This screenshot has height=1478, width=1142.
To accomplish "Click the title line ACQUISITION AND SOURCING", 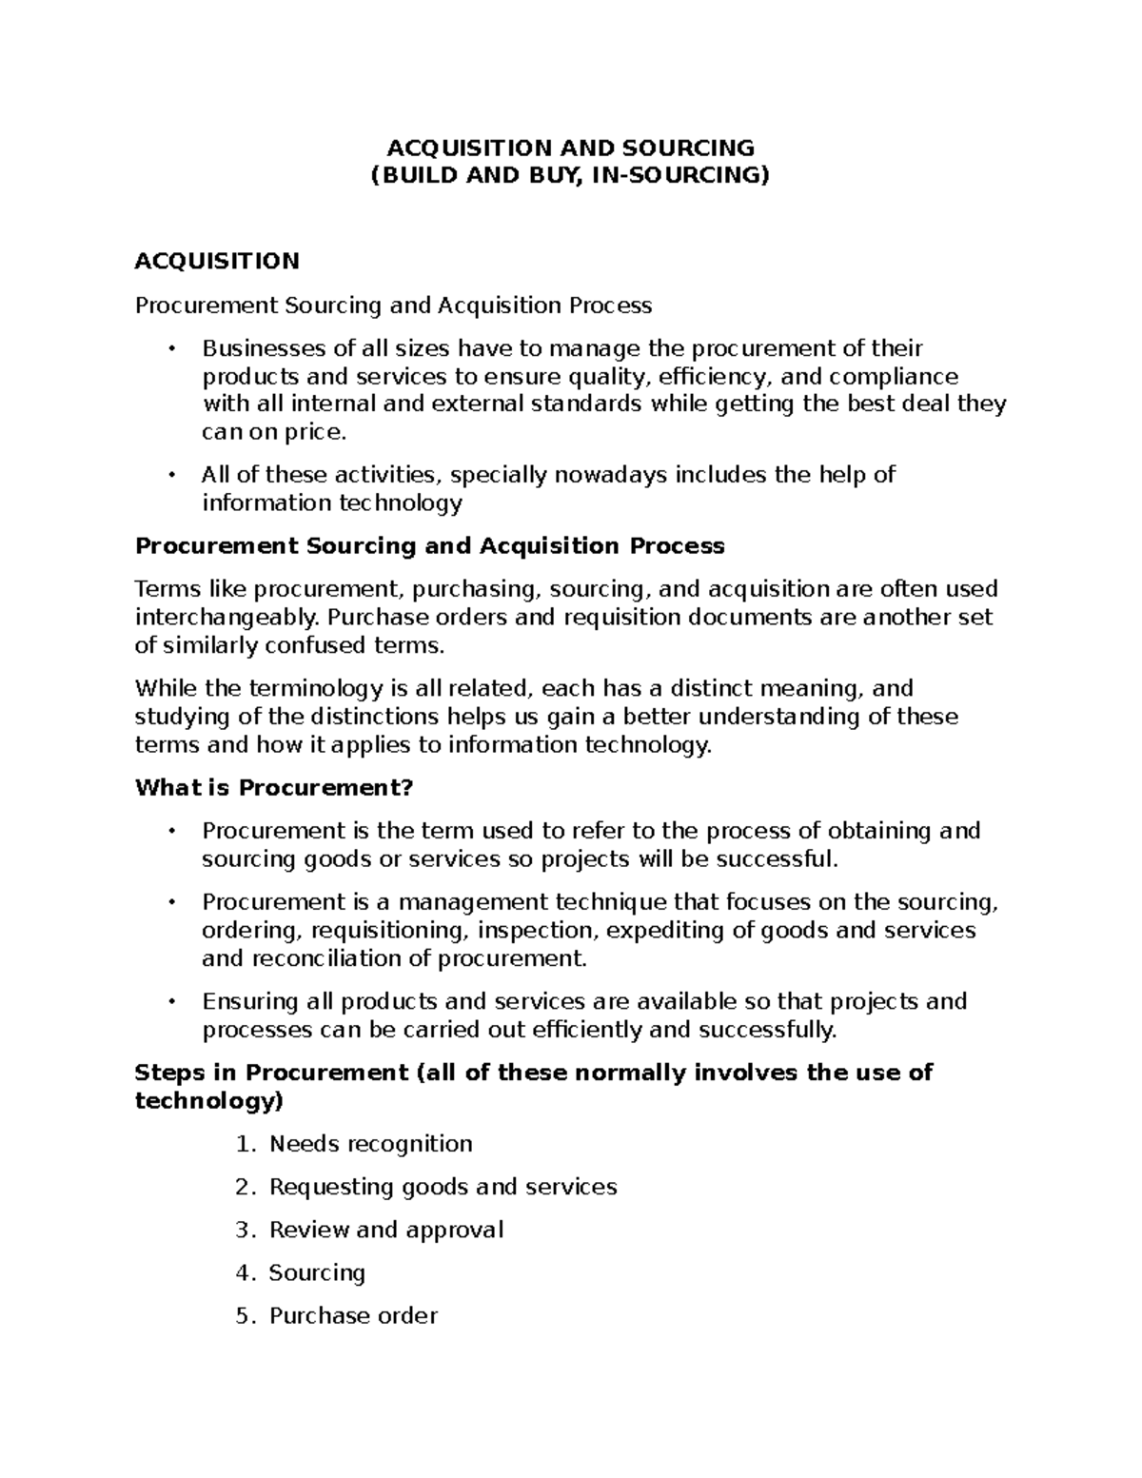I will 569,148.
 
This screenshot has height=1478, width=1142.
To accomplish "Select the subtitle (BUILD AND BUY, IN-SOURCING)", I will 569,175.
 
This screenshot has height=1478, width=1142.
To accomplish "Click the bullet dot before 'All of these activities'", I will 171,475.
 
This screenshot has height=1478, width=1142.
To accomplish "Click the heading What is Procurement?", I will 275,788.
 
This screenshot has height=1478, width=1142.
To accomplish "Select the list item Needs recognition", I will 370,1144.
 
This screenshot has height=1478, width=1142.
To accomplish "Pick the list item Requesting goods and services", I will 443,1187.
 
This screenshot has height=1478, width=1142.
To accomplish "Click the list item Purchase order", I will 353,1315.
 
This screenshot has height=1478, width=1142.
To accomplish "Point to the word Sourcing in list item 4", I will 317,1272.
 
